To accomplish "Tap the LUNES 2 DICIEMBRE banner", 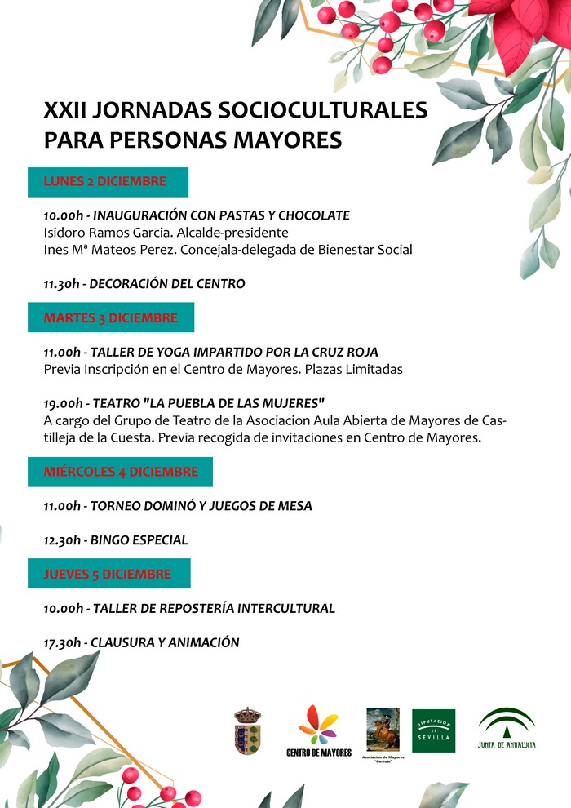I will [108, 182].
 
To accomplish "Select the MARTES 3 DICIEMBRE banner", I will [111, 317].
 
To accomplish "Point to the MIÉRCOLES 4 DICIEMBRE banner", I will [120, 473].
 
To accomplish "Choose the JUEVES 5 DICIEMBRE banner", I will [108, 574].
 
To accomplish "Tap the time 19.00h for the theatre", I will [63, 404].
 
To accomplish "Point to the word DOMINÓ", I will [171, 506].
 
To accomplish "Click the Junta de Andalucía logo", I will [507, 728].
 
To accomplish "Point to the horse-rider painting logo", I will [383, 729].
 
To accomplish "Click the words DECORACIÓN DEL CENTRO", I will [166, 284].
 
